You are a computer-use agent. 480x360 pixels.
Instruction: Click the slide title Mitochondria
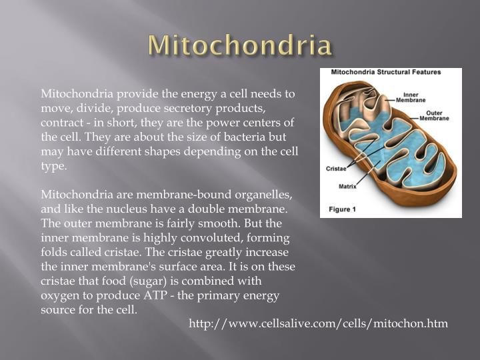coord(240,45)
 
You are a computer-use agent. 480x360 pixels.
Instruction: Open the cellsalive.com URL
coord(319,323)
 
